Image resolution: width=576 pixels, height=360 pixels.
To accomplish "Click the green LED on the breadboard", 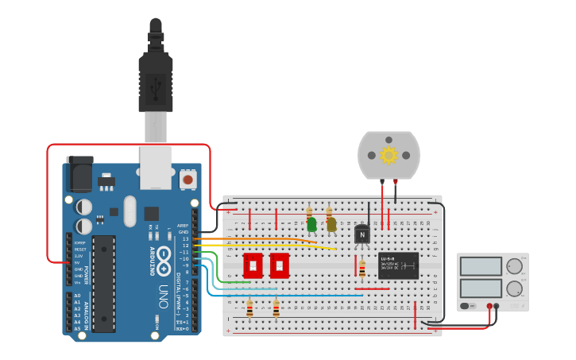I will pos(311,224).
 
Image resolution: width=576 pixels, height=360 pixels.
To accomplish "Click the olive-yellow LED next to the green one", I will pos(331,224).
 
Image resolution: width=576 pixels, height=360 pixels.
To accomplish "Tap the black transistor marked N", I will pos(362,234).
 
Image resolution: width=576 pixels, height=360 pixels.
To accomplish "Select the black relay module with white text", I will pos(398,265).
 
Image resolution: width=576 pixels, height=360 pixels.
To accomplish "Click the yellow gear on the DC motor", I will pos(389,155).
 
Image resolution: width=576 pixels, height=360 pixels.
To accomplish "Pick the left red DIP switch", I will pos(253,265).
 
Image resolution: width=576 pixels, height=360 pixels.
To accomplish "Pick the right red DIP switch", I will pos(279,265).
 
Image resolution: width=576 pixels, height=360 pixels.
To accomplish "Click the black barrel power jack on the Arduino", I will pos(79,173).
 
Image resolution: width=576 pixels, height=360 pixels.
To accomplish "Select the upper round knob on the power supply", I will pos(515,266).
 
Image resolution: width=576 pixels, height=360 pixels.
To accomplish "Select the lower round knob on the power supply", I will pos(515,288).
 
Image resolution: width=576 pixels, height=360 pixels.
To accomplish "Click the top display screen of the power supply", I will pos(481,266).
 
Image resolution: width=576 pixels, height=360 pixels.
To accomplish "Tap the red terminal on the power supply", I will pos(489,305).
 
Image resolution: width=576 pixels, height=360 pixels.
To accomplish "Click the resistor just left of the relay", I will pos(361,269).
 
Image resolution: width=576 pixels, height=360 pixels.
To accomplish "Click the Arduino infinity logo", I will pos(164,256).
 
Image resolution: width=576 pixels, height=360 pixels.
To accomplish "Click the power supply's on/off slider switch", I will pos(466,305).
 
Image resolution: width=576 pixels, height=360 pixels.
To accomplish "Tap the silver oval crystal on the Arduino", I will pos(130,211).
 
